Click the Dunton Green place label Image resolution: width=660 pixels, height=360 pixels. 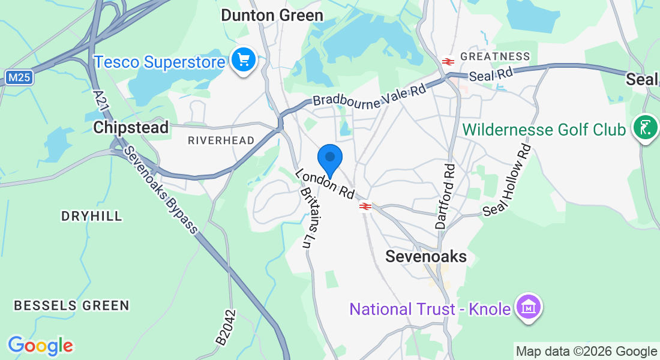coord(272,15)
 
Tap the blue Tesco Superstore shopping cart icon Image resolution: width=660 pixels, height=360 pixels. coord(244,61)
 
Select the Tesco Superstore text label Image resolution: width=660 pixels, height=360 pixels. coord(160,62)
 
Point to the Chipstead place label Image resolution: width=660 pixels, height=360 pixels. coord(131,127)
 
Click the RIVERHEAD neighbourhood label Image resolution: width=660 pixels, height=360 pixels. coord(221,140)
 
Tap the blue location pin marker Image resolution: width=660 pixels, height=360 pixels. coord(329,158)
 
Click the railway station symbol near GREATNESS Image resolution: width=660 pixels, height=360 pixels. coord(448,61)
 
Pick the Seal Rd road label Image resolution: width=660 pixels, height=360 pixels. coord(491,75)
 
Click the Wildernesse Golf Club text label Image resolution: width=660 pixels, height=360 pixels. coord(545,130)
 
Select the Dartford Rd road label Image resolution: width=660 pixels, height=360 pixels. coord(445,196)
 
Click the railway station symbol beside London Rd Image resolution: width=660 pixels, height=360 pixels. coord(365,206)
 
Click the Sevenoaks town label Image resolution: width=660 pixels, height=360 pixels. coord(425,256)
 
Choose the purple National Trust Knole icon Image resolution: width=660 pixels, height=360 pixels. coord(528,308)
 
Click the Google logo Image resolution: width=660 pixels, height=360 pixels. coord(40,346)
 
